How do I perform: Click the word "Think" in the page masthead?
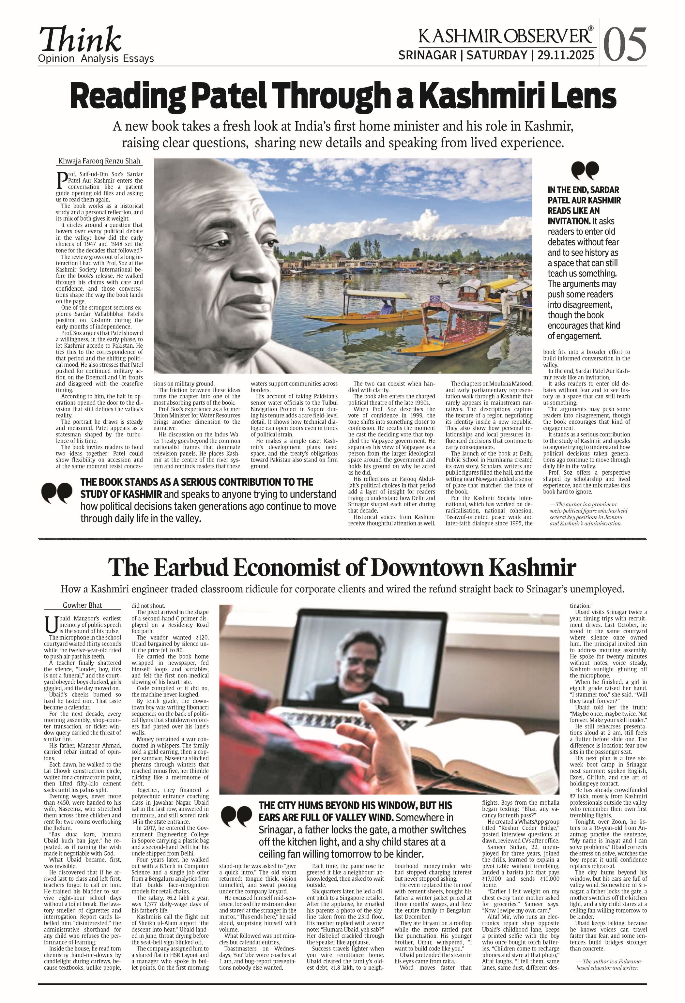pos(80,40)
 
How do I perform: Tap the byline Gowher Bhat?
pos(83,605)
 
